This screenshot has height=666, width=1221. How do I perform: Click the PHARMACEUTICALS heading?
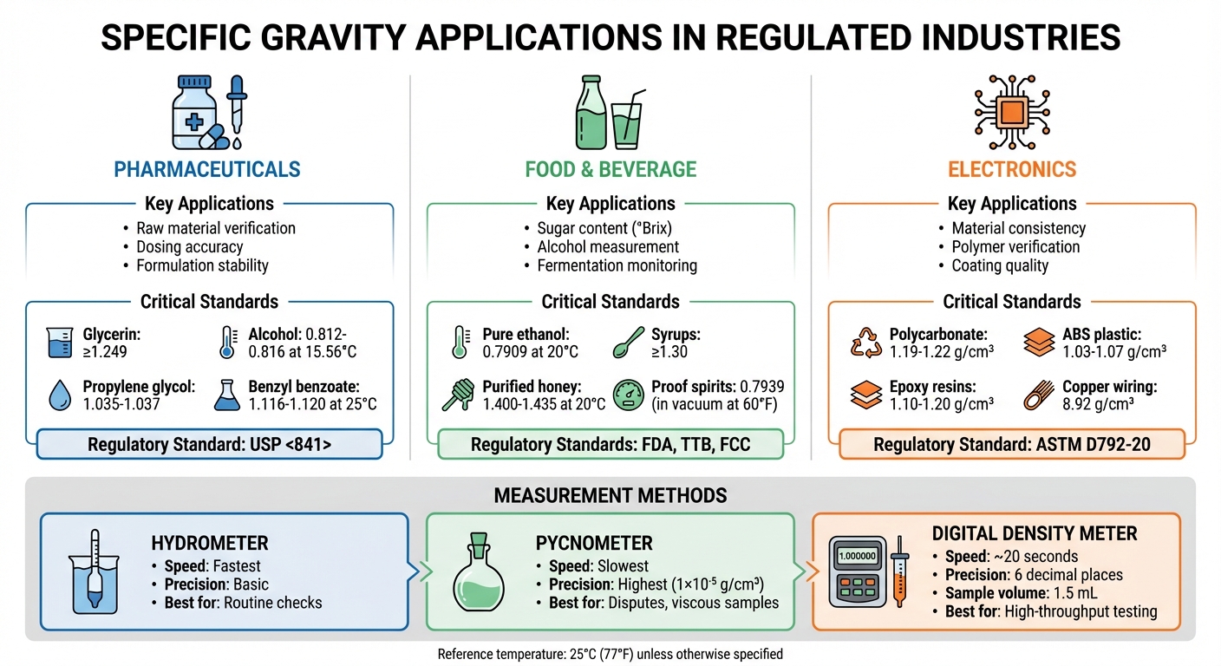click(x=208, y=168)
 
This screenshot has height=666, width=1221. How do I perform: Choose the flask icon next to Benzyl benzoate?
click(x=226, y=395)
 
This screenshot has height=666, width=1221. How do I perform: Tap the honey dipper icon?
click(x=458, y=395)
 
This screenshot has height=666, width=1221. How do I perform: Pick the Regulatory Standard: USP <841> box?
click(x=209, y=444)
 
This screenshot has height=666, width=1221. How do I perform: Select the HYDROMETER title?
click(x=210, y=544)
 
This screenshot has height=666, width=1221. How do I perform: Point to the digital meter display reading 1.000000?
click(x=857, y=556)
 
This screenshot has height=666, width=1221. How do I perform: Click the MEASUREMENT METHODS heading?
click(x=610, y=495)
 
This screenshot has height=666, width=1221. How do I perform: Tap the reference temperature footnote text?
click(x=610, y=654)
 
